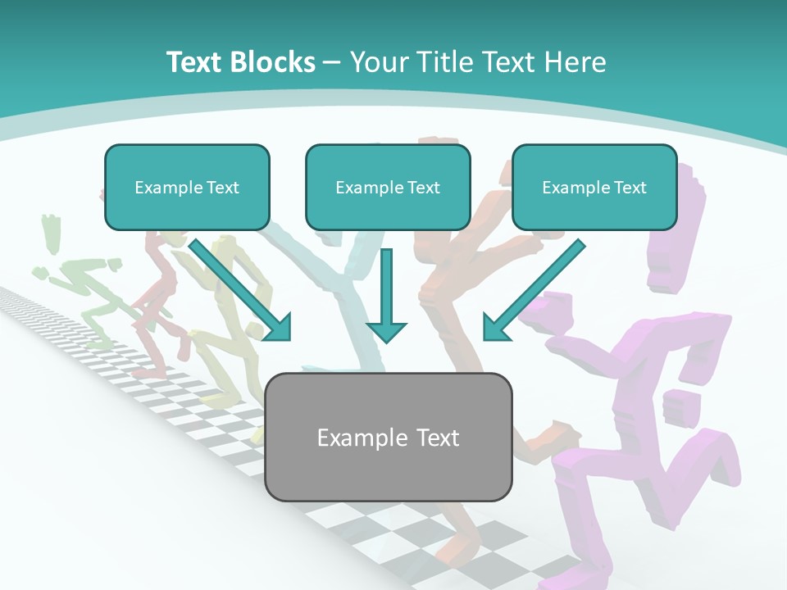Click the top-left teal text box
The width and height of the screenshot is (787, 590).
tap(187, 187)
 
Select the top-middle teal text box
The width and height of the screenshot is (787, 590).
tap(388, 187)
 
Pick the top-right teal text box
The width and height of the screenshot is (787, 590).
tap(594, 187)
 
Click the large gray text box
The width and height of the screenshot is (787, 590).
tap(388, 437)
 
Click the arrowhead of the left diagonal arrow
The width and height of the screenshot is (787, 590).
tap(279, 328)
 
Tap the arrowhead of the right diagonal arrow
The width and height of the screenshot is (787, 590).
tap(494, 328)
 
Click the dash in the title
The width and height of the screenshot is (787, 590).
tap(332, 62)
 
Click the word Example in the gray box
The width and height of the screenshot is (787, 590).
tap(354, 438)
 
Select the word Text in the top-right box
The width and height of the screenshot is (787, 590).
tap(630, 188)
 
